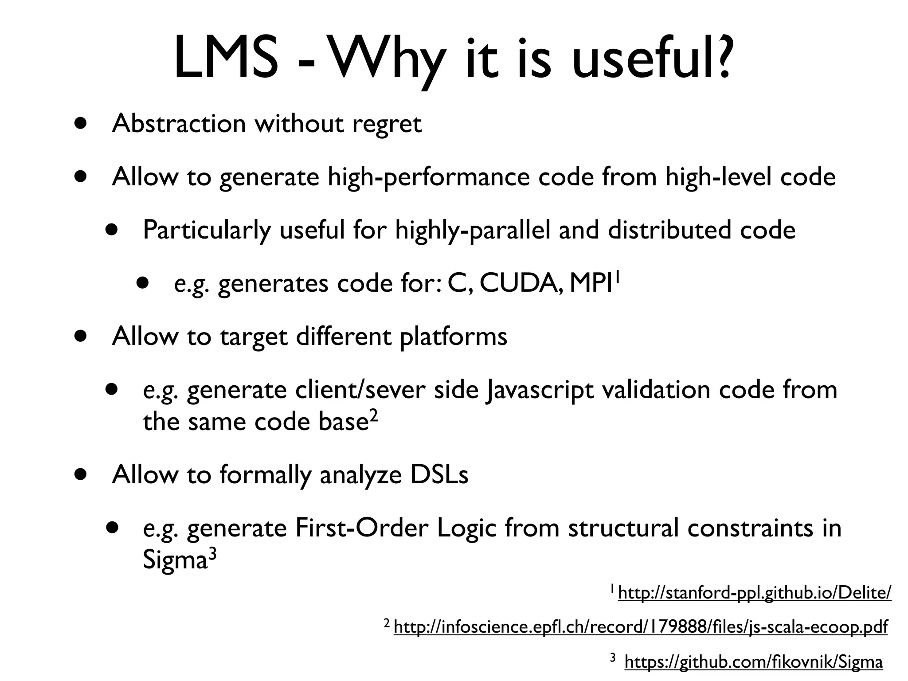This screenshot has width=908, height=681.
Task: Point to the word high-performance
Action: coord(428,177)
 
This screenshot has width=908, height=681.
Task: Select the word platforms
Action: coord(453,337)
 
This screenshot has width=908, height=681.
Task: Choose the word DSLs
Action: coord(439,475)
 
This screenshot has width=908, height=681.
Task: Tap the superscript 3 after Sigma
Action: coord(212,554)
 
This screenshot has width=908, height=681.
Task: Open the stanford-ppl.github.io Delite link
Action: coord(754,593)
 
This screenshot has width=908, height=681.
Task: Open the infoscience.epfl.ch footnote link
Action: coord(640,627)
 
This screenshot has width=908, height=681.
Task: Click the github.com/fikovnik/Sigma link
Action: coord(753,661)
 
